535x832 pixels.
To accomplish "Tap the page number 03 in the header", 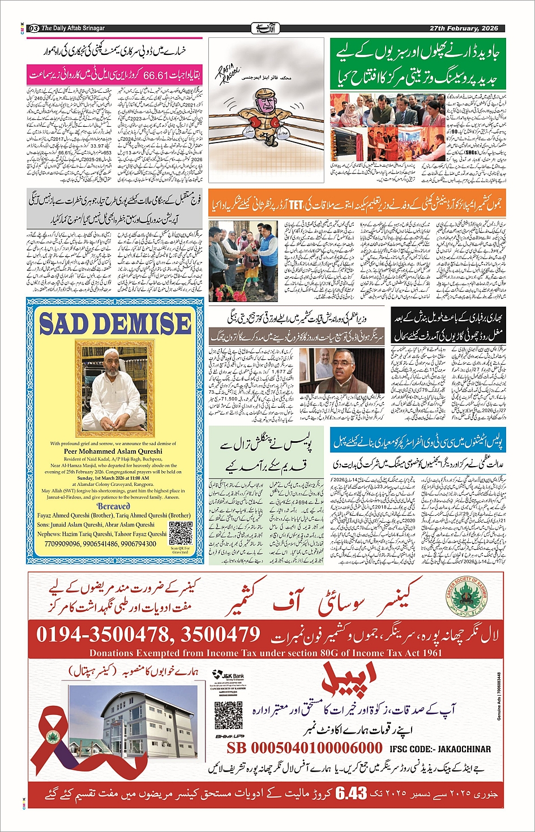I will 33,28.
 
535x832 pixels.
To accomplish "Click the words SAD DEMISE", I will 115,324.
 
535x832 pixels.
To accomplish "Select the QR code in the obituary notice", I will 180,533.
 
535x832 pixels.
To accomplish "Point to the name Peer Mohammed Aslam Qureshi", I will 113,451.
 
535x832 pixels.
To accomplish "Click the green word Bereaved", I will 113,507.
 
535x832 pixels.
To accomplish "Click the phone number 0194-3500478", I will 102,635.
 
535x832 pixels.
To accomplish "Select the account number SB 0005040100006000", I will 305,748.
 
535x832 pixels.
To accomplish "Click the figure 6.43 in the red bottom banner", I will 351,794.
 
